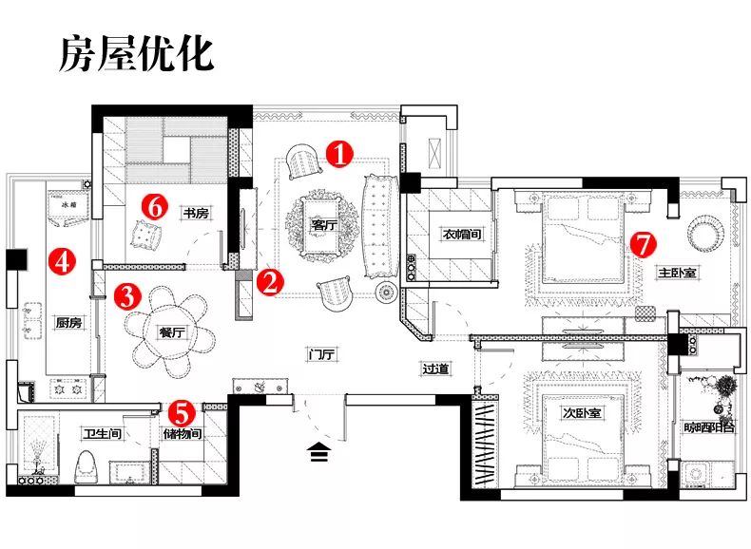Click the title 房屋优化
click(137, 54)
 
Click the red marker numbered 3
click(127, 296)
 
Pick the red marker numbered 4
click(63, 261)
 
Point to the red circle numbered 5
click(182, 413)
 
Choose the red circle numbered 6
click(157, 204)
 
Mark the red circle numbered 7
click(644, 243)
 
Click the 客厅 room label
click(324, 226)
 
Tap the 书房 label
click(196, 215)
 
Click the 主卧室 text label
click(678, 273)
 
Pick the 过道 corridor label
click(435, 369)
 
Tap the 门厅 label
click(323, 355)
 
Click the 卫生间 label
click(101, 435)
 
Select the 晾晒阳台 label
click(709, 427)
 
